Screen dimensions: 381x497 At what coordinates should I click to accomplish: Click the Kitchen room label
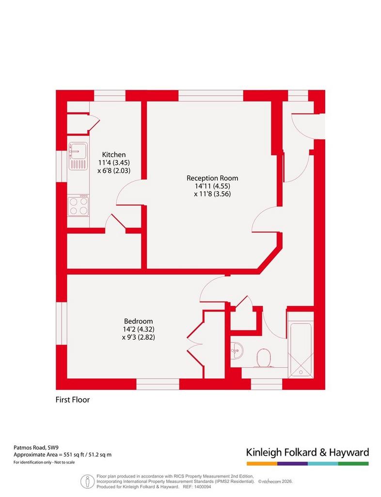point(114,155)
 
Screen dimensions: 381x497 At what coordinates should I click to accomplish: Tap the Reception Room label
point(212,178)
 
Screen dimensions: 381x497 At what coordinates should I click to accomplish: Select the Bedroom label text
point(138,321)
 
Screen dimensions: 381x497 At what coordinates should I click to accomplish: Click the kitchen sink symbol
point(78,156)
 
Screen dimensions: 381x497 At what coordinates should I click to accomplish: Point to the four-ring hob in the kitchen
point(78,205)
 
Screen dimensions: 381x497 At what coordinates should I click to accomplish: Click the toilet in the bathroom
point(263,358)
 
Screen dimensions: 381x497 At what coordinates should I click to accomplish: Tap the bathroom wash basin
point(237,350)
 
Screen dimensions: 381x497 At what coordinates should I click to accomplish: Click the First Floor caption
point(72,400)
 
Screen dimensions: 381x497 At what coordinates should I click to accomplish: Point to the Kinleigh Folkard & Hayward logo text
point(308,452)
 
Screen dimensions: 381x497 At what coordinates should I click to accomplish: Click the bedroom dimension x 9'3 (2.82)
point(139,337)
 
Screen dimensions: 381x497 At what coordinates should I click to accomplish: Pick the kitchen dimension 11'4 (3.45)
point(114,163)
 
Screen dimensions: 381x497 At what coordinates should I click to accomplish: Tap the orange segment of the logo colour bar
point(262,464)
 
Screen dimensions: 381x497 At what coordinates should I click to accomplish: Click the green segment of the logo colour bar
point(353,464)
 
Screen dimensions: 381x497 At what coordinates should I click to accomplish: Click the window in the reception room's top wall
point(211,96)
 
